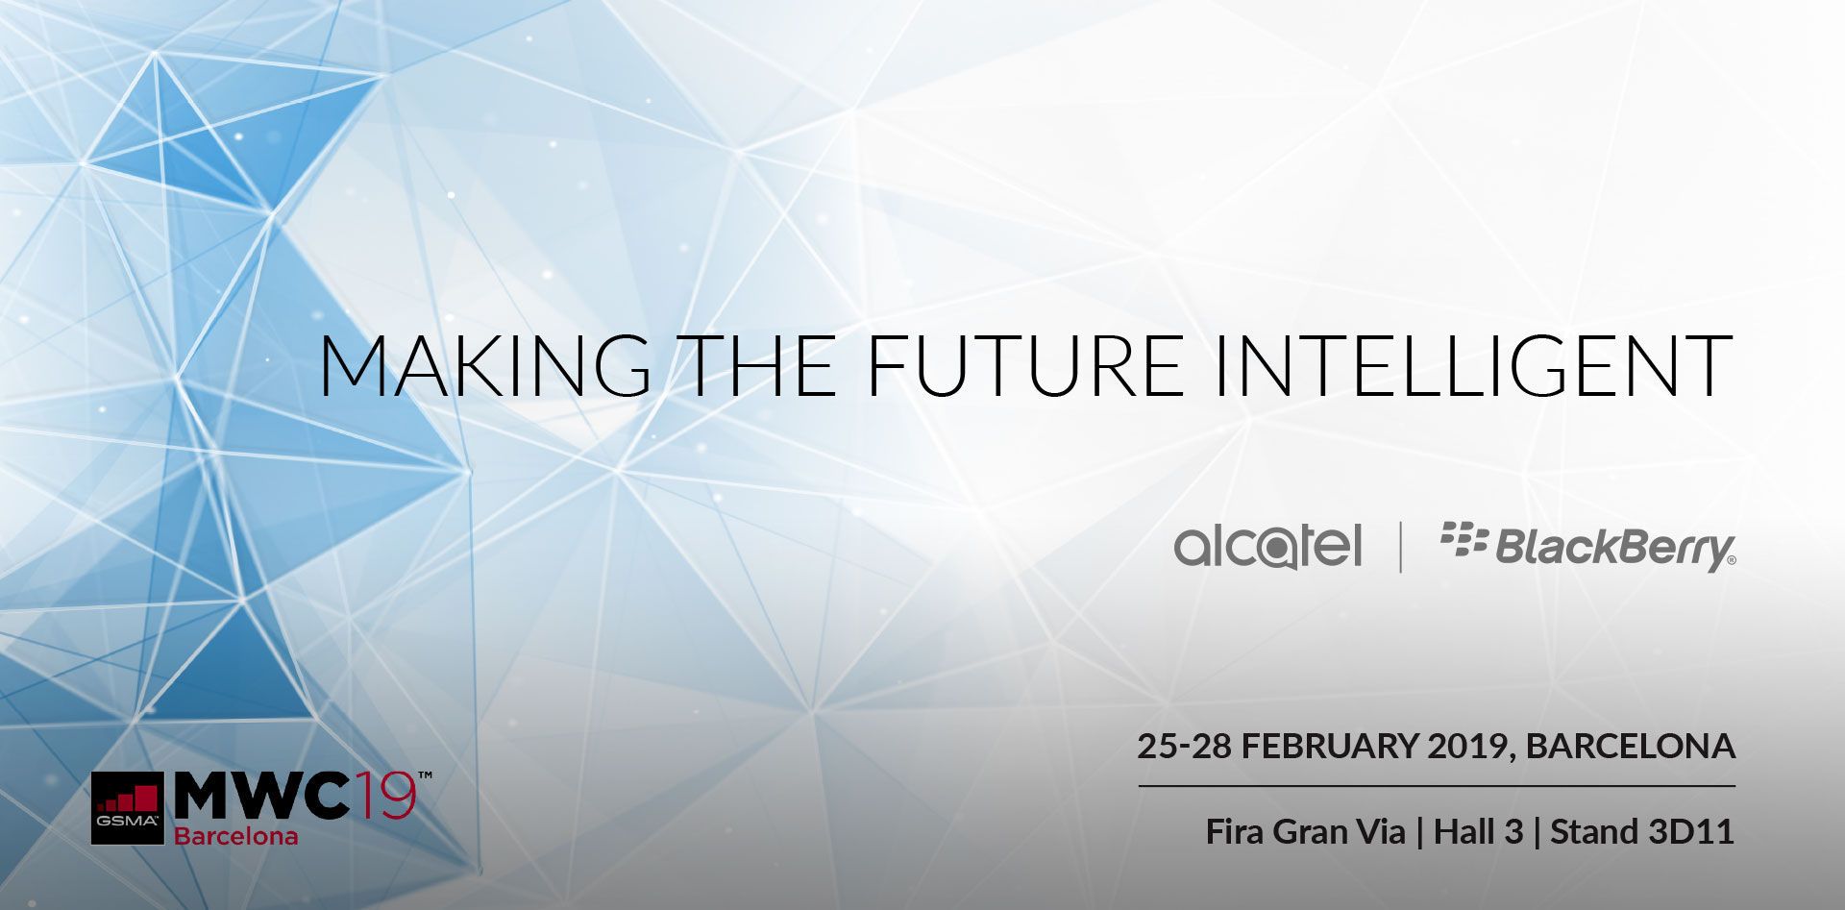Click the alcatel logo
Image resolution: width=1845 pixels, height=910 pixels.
click(1267, 547)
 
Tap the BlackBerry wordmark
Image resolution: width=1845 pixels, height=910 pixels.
click(1614, 549)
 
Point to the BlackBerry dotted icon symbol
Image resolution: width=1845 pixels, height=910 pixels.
click(1464, 540)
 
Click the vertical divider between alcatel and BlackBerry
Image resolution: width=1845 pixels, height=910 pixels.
click(1401, 547)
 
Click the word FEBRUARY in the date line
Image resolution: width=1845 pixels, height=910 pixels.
click(1331, 747)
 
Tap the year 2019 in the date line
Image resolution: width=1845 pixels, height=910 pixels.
click(1470, 747)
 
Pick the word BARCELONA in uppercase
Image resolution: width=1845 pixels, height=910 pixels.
click(1630, 747)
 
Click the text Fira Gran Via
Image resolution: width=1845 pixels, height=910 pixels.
click(1305, 832)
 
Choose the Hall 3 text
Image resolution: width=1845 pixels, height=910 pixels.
click(1478, 832)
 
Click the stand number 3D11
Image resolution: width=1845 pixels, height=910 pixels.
click(1689, 832)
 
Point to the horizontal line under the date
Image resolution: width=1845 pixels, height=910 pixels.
click(1437, 786)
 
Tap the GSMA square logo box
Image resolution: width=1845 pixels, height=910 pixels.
click(128, 808)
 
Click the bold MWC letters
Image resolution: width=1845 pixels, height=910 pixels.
click(261, 796)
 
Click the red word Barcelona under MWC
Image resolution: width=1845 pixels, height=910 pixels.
click(235, 836)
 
